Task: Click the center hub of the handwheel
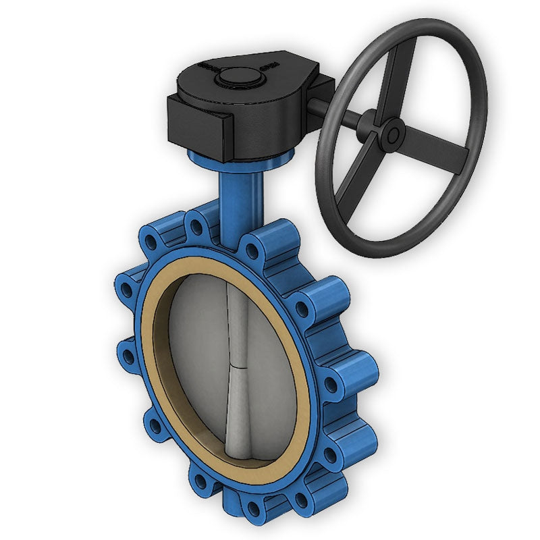click(392, 134)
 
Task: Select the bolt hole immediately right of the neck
click(252, 252)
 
